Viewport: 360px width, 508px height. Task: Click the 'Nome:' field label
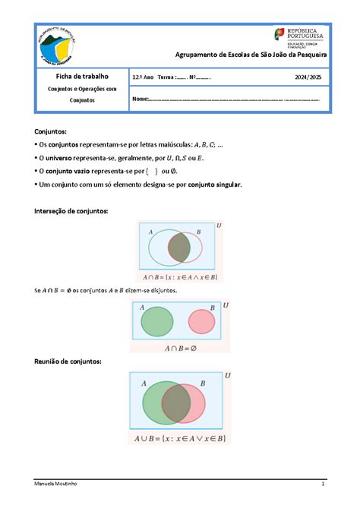[x=140, y=99]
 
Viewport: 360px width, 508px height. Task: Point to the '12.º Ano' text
[x=143, y=77]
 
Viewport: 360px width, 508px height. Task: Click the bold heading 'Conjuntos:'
[x=55, y=132]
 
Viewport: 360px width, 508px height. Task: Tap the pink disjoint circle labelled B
[x=202, y=322]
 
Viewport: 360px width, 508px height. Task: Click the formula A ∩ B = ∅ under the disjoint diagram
[x=180, y=348]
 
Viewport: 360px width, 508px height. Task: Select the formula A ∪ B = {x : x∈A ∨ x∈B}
[x=180, y=438]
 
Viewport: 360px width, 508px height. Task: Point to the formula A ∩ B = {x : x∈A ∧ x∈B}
[x=180, y=277]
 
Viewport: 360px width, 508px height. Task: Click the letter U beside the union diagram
[x=228, y=375]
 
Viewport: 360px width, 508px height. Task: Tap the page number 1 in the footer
[x=323, y=484]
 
